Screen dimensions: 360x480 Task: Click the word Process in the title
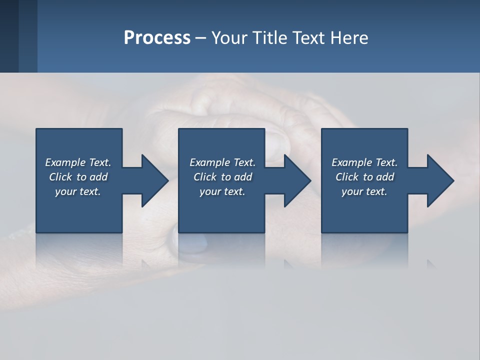pos(157,38)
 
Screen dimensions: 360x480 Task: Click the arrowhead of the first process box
pos(154,180)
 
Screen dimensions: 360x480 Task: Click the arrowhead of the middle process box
pos(297,180)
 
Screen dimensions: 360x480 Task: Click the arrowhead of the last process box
pos(440,180)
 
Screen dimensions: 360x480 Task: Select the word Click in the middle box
pos(205,177)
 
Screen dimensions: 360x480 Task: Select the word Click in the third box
pos(347,177)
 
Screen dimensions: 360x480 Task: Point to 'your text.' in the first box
pos(78,191)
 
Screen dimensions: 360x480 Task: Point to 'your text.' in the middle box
pos(222,191)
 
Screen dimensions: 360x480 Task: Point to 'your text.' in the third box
pos(364,191)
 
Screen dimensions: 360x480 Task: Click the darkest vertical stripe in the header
pos(9,36)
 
